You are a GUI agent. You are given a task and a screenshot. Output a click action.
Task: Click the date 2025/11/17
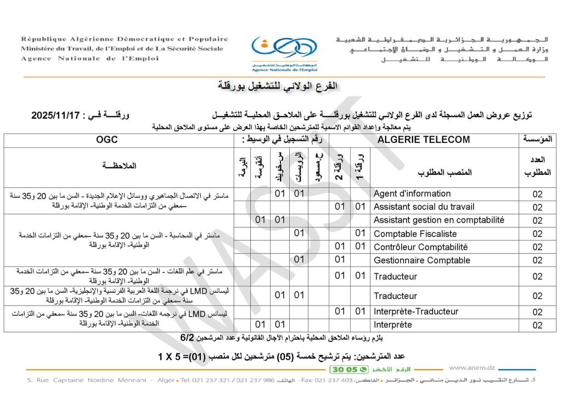tap(57, 115)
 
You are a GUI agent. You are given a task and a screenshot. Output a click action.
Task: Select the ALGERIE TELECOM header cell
tap(423, 140)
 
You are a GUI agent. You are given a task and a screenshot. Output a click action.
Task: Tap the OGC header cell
tap(106, 140)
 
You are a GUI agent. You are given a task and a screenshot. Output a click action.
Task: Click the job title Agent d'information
tap(412, 193)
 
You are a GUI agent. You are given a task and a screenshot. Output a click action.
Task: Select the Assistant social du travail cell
tap(424, 207)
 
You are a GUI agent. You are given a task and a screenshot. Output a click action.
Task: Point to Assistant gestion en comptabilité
tap(439, 220)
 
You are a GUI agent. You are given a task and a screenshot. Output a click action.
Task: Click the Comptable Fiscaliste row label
tap(415, 234)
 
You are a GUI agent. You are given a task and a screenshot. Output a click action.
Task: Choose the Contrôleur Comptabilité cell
tap(420, 247)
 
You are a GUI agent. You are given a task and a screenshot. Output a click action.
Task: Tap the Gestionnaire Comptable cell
tap(421, 260)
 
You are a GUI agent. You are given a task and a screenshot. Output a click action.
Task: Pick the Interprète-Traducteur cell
tap(415, 311)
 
